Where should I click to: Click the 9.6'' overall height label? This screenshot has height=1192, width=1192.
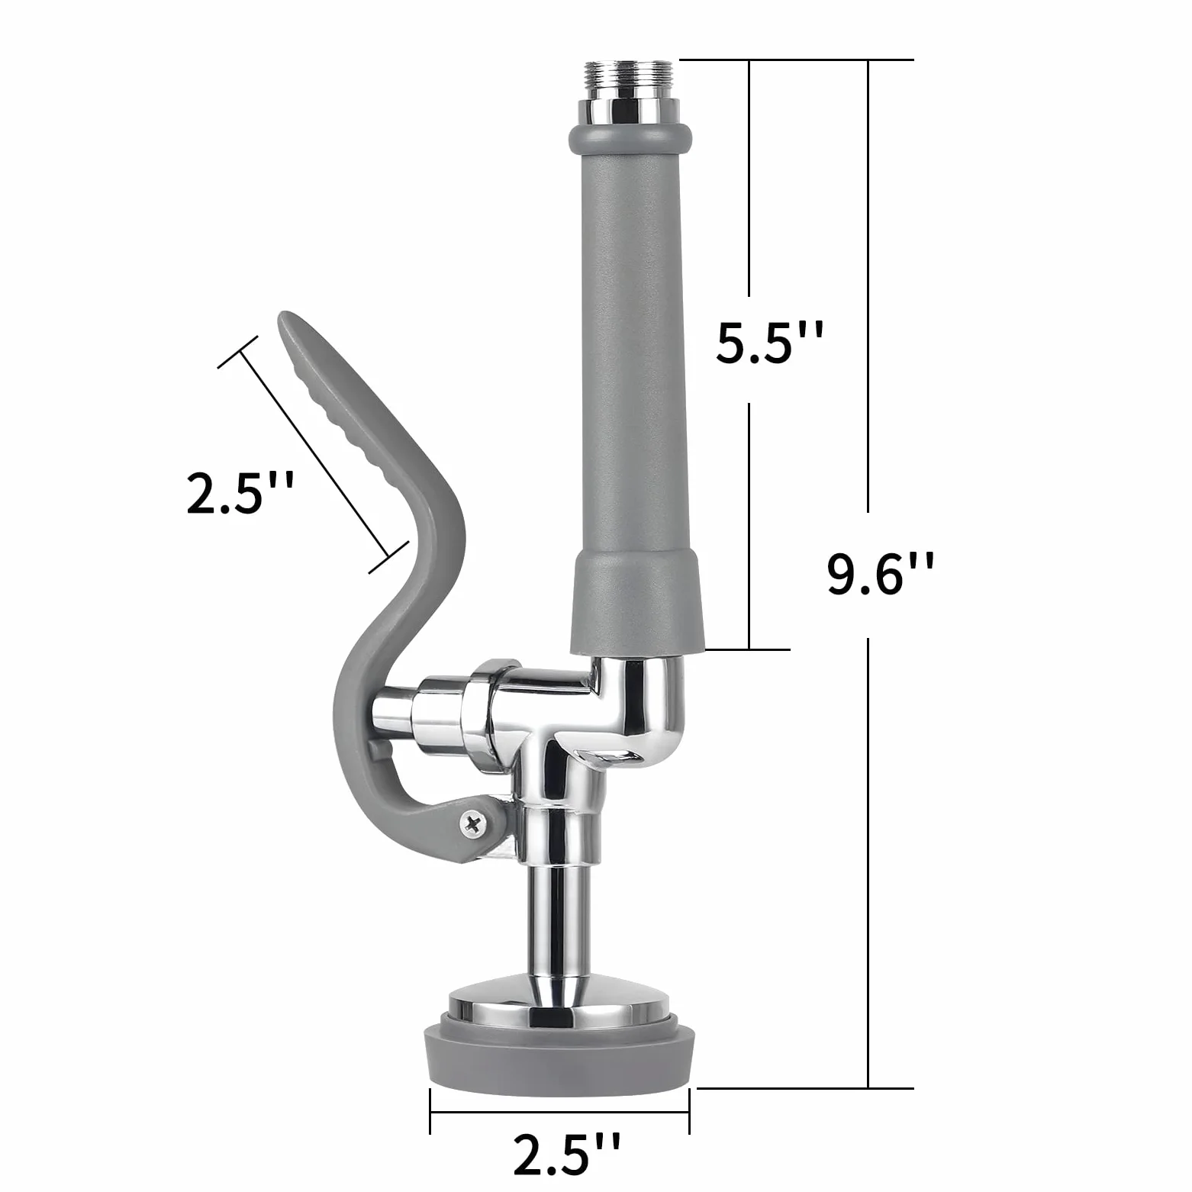click(881, 576)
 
